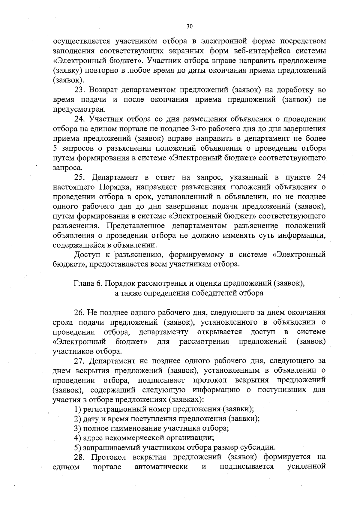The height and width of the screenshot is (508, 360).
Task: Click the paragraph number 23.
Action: pyautogui.click(x=80, y=90)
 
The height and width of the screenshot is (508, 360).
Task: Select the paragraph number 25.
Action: pyautogui.click(x=80, y=178)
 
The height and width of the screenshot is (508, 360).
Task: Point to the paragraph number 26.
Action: pyautogui.click(x=80, y=313)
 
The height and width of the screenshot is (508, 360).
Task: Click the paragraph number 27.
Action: pyautogui.click(x=80, y=361)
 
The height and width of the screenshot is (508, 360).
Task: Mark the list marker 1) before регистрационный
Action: pyautogui.click(x=77, y=409)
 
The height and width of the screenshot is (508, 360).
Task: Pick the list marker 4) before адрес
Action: pyautogui.click(x=77, y=438)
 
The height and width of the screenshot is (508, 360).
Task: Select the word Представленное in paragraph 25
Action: pyautogui.click(x=135, y=226)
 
